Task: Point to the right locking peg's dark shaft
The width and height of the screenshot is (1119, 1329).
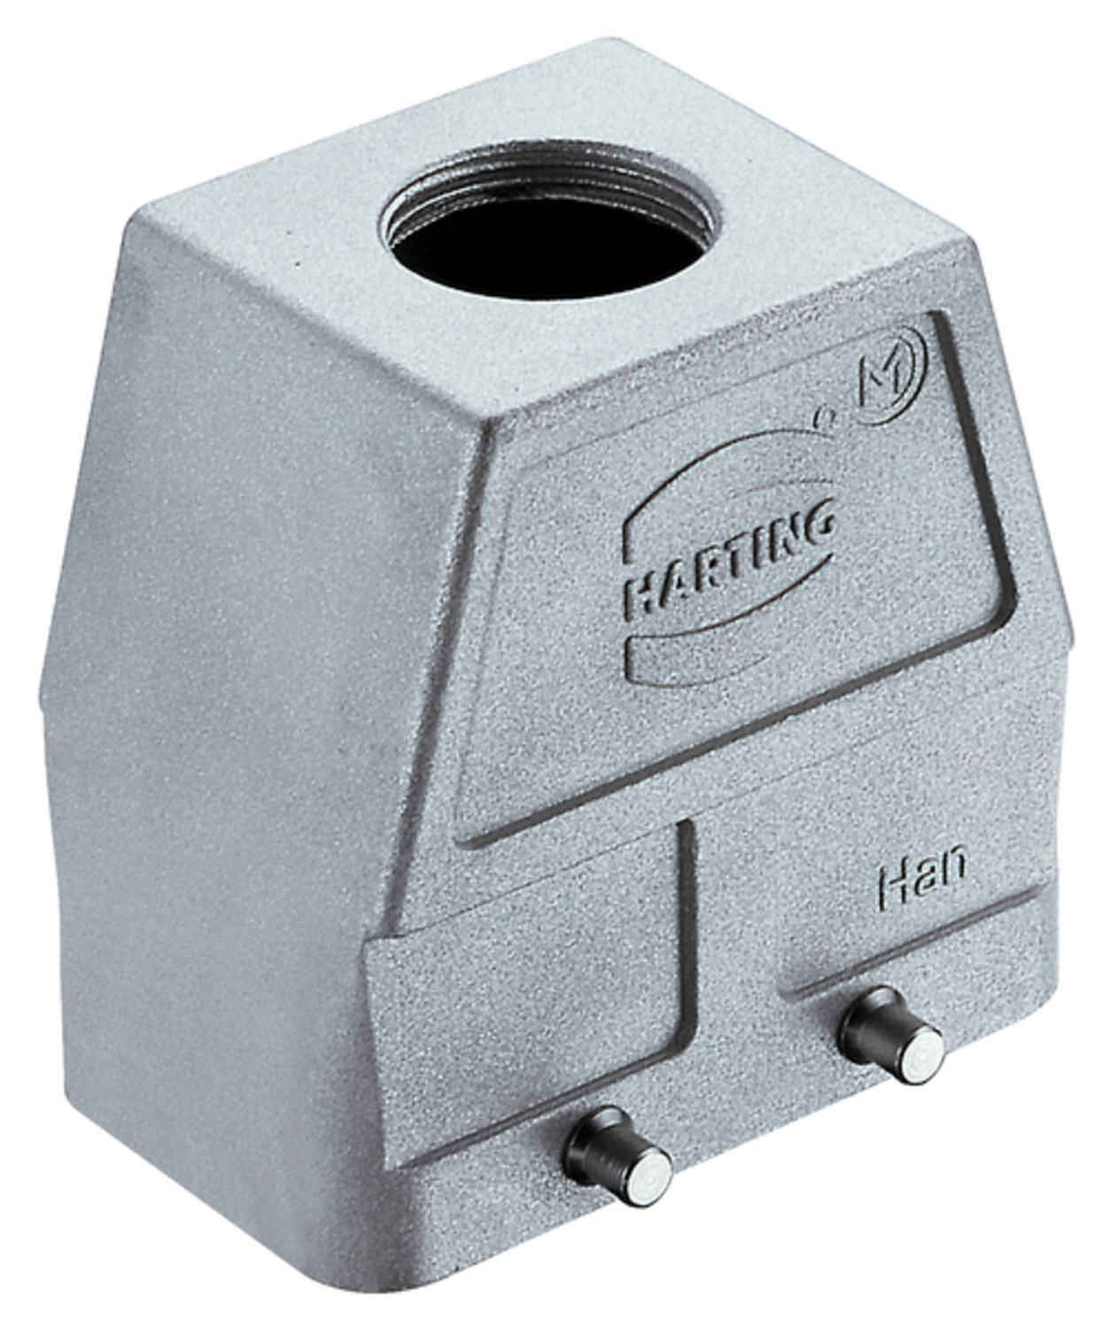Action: point(870,1035)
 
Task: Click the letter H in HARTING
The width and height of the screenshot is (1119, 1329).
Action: point(639,599)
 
